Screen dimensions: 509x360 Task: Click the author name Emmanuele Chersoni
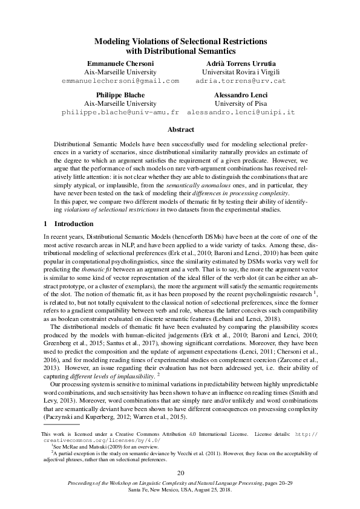pos(120,63)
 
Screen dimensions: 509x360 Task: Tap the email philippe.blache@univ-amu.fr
pos(120,112)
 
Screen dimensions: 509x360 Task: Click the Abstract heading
pos(180,130)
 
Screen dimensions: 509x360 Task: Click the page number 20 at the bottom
pos(180,473)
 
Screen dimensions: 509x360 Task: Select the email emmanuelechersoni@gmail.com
pos(120,80)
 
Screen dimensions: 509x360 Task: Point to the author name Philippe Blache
pos(120,96)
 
